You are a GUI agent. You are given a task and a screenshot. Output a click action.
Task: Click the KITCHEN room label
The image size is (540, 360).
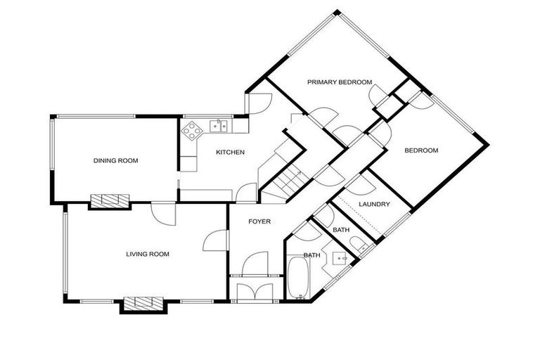(x=230, y=152)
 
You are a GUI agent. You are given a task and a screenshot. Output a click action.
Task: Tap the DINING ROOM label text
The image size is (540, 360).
(x=115, y=161)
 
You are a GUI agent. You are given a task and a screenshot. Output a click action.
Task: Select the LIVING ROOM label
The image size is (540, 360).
(x=148, y=254)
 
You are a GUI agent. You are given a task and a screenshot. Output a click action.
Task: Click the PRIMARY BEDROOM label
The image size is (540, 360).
(x=340, y=82)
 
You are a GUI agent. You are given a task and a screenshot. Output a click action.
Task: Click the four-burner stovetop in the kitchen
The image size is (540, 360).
(x=192, y=129)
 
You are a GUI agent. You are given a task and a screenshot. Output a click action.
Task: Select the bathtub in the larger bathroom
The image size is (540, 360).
(x=297, y=278)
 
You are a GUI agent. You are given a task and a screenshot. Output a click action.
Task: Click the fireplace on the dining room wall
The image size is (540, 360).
(x=109, y=200)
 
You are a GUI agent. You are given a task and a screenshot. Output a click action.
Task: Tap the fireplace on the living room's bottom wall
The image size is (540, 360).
(x=143, y=303)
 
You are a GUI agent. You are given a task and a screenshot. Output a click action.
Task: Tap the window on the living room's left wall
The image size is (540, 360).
(x=65, y=254)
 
